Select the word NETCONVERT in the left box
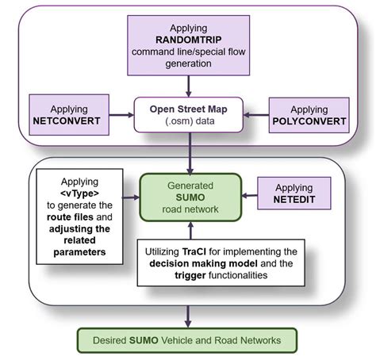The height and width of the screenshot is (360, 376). coord(69,124)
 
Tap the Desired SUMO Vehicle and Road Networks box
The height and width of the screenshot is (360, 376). coord(187,340)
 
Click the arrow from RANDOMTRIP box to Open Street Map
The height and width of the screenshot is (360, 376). coord(187,83)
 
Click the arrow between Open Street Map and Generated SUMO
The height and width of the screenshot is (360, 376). coord(187,159)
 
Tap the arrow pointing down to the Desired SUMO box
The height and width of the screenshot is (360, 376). coord(187,316)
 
